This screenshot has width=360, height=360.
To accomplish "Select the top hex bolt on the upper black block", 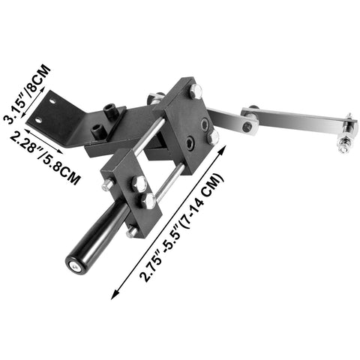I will coord(196,91).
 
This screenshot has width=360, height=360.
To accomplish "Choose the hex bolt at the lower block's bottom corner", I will coord(133,232).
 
